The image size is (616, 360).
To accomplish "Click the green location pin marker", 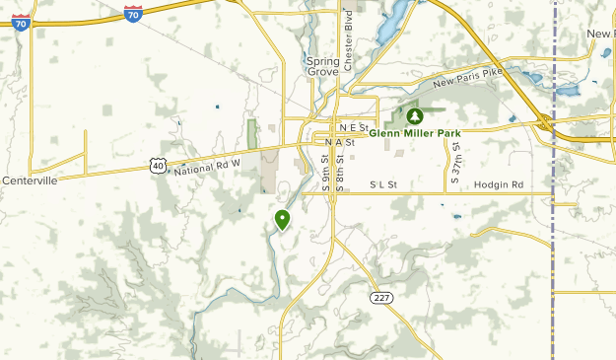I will click(283, 220).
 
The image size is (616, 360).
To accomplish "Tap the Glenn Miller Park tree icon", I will click(414, 117).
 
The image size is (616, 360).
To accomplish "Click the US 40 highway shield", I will click(159, 167).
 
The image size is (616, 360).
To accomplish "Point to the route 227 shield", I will click(381, 296).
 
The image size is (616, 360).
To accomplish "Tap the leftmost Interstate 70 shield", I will click(21, 20).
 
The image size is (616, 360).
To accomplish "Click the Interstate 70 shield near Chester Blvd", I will click(133, 13).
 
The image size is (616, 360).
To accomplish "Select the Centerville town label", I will click(30, 180).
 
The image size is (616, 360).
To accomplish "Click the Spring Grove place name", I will click(322, 66).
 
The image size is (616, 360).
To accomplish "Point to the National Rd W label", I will click(207, 165).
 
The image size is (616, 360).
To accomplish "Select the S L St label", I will click(382, 184).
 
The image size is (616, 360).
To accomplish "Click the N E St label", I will click(352, 128).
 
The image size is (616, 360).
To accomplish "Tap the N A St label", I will click(339, 142).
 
